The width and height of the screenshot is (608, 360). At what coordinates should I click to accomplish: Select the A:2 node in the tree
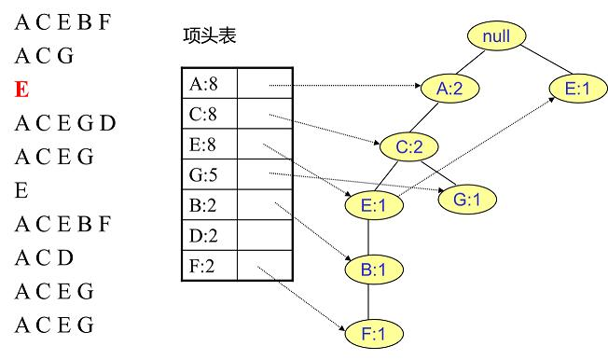450,90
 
